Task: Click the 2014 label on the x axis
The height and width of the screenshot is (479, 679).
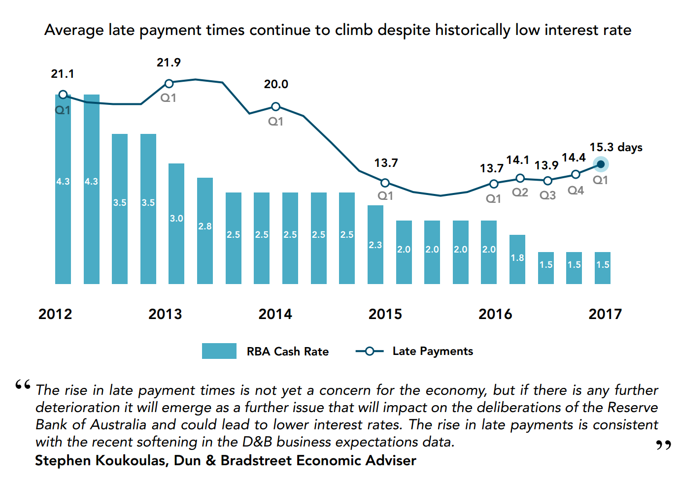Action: coord(275,314)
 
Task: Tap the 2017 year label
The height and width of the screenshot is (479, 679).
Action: coord(605,314)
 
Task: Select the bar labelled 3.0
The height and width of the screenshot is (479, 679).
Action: coord(176,224)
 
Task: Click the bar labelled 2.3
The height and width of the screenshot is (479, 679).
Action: coord(375,245)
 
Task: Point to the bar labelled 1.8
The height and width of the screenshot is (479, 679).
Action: coord(517,259)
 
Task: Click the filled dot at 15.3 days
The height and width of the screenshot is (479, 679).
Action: coord(601,164)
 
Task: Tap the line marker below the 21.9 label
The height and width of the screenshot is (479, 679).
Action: coord(169,84)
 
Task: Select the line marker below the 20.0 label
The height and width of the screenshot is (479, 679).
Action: coord(276,107)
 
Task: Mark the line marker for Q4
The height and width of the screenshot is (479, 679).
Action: coord(576,174)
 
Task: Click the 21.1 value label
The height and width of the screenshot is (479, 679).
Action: coord(63,74)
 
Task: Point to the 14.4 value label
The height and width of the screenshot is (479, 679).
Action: coord(574,158)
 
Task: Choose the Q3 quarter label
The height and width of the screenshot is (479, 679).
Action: coord(547,195)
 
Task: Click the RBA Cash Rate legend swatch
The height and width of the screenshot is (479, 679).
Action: coord(219,351)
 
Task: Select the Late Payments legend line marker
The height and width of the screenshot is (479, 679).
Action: coord(370,351)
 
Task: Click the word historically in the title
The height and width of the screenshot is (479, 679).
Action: coord(473,30)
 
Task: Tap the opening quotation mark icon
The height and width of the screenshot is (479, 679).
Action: coord(23,384)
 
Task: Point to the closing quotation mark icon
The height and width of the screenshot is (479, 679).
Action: coord(663,445)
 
